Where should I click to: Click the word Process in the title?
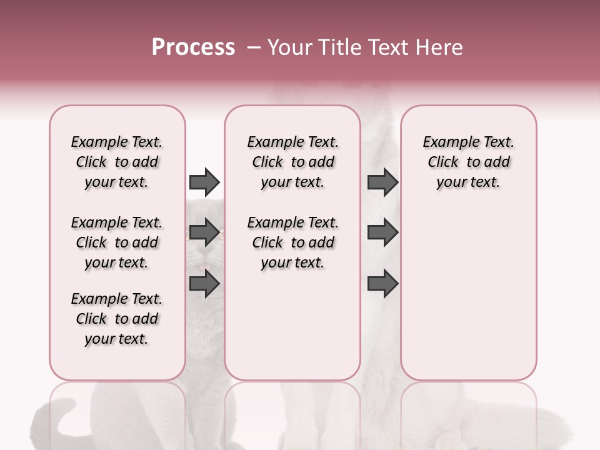[x=193, y=47]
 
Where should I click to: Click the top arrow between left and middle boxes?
[x=204, y=182]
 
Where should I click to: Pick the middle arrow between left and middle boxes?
[x=204, y=232]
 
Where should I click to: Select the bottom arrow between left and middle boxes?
[x=204, y=284]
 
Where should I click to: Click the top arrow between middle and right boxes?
[x=382, y=182]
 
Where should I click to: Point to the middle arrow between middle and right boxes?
[x=382, y=232]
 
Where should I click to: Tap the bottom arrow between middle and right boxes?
[x=382, y=284]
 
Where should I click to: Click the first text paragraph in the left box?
[x=117, y=162]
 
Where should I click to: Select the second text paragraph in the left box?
[x=117, y=242]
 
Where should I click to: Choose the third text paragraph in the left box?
[x=117, y=319]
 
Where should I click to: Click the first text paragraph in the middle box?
[x=292, y=162]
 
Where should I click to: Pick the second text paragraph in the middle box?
[x=292, y=242]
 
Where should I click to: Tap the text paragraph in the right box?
[x=468, y=162]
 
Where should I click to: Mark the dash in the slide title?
[x=254, y=47]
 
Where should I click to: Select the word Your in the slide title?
[x=289, y=47]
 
